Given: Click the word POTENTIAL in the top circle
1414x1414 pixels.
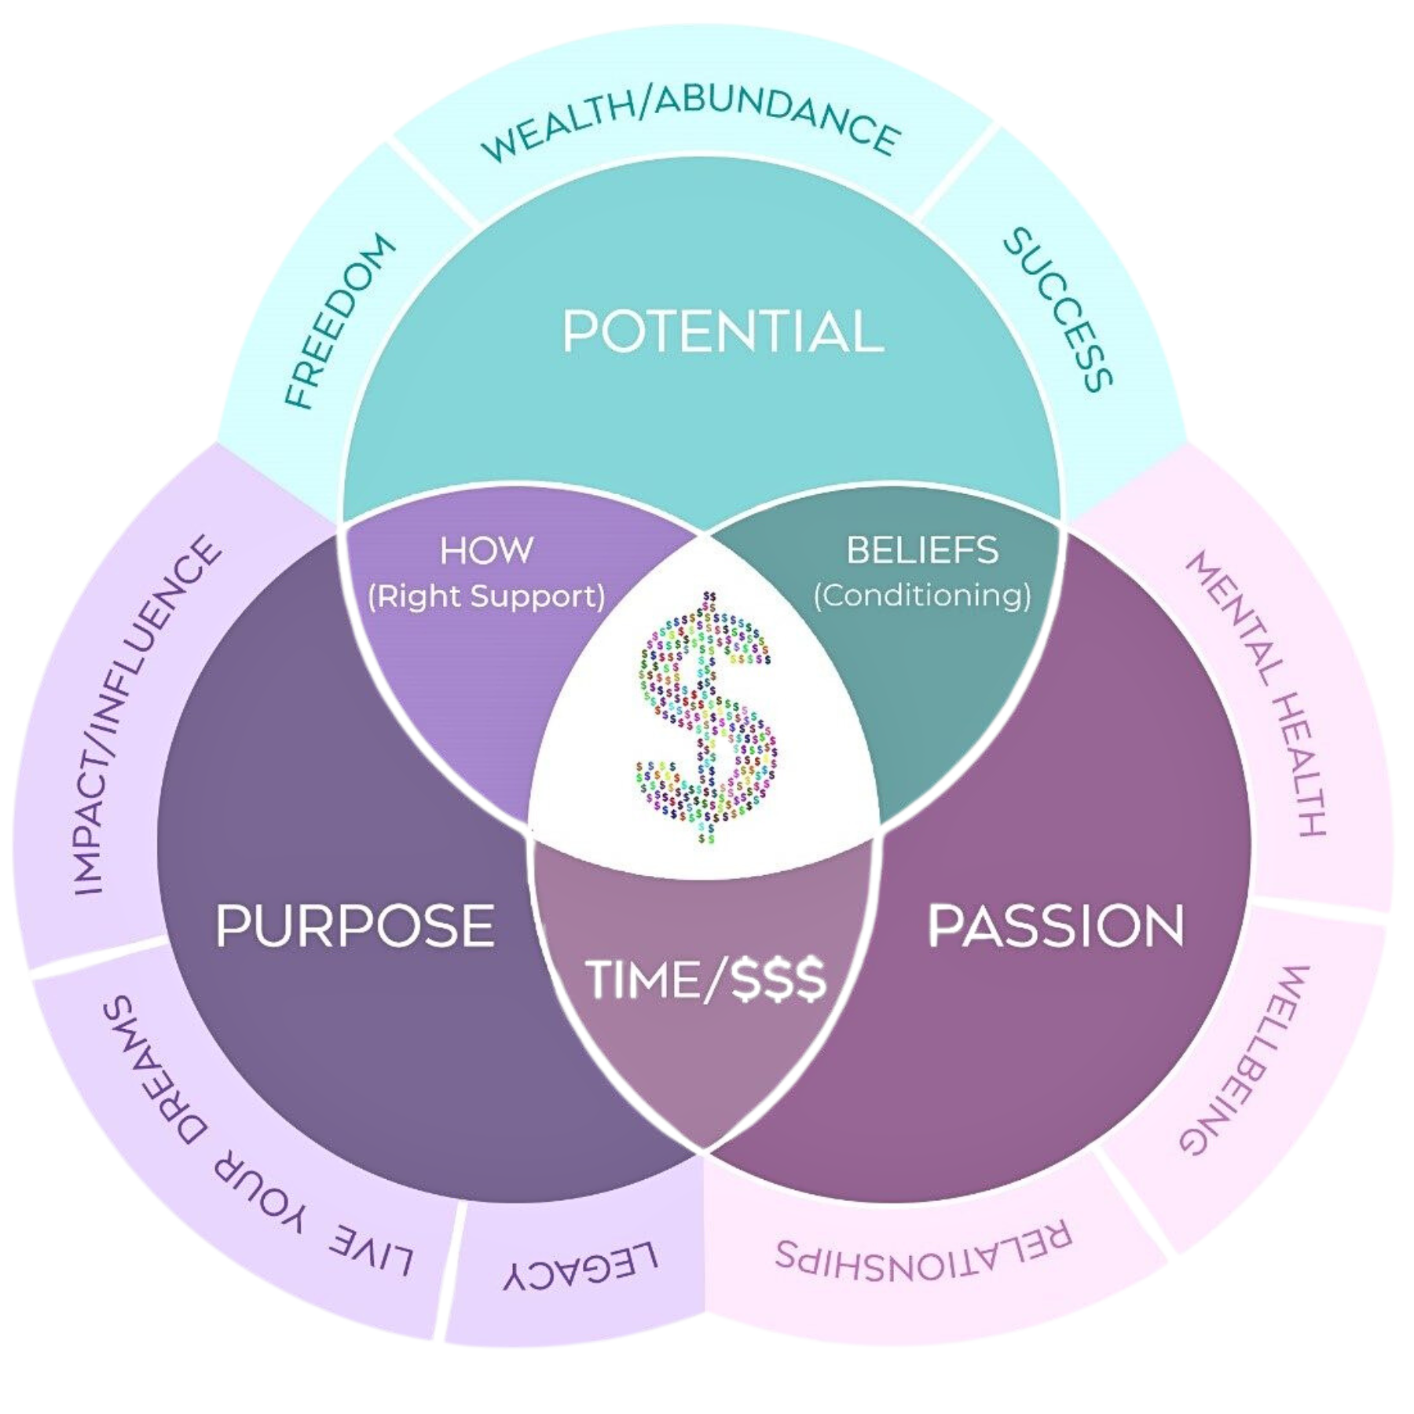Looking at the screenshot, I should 723,332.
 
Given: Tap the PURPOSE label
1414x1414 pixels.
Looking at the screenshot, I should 355,925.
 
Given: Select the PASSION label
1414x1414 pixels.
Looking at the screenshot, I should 1057,925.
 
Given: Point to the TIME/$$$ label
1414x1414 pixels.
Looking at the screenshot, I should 705,980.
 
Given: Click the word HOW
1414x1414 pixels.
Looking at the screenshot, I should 486,550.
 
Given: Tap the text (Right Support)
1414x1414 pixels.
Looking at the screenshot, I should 486,596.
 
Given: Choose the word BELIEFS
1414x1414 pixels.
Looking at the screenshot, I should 922,550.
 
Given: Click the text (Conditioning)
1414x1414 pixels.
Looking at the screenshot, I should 922,595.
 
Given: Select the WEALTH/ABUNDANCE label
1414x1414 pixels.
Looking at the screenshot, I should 690,126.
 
